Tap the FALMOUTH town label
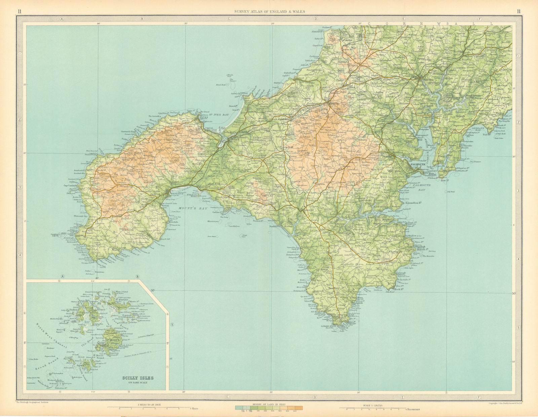[x=418, y=164]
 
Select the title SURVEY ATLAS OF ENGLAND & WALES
[x=267, y=11]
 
